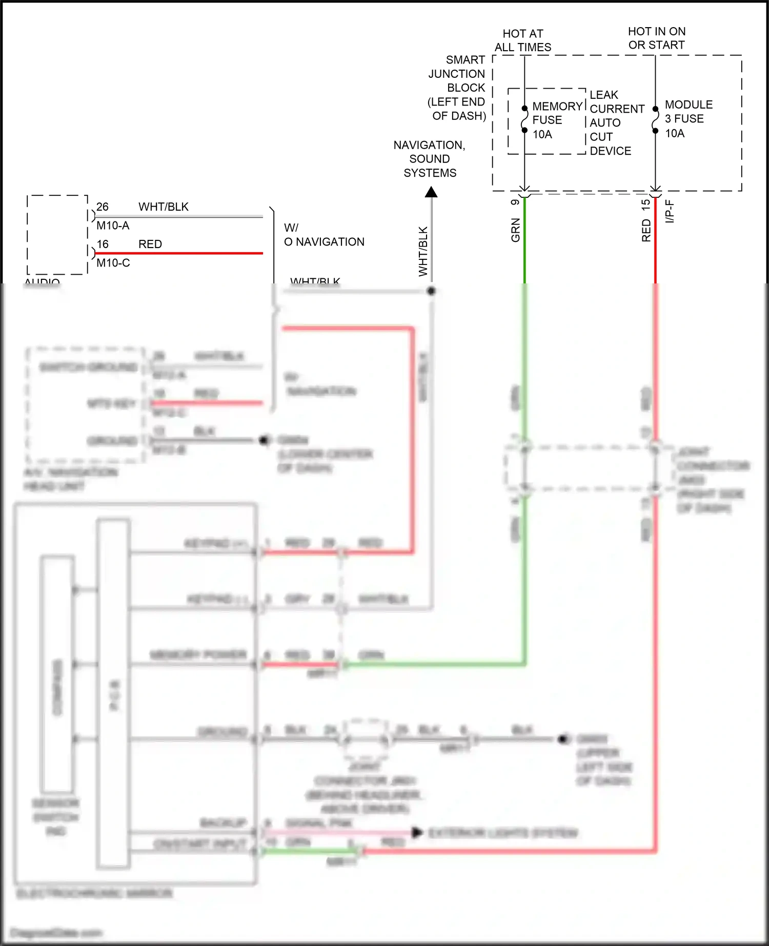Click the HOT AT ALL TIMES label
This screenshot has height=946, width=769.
pyautogui.click(x=522, y=40)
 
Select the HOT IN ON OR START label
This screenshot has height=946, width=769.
pyautogui.click(x=656, y=38)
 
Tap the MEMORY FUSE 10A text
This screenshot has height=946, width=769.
pyautogui.click(x=557, y=120)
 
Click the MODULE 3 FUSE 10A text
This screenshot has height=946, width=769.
pyautogui.click(x=688, y=119)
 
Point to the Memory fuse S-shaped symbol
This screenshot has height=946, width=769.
pyautogui.click(x=524, y=119)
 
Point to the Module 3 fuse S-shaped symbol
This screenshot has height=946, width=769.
pyautogui.click(x=655, y=120)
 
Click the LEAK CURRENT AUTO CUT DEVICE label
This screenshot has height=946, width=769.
pyautogui.click(x=616, y=123)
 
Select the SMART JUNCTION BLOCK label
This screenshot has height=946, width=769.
pyautogui.click(x=457, y=88)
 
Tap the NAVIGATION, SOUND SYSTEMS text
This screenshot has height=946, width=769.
pyautogui.click(x=430, y=159)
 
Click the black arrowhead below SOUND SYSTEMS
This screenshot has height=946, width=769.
pyautogui.click(x=431, y=193)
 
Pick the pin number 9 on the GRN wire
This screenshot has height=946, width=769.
pyautogui.click(x=515, y=202)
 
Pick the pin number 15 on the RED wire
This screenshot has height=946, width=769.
pyautogui.click(x=646, y=203)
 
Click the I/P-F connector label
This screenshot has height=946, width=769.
pyautogui.click(x=670, y=211)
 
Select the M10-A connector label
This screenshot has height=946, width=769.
pyautogui.click(x=113, y=225)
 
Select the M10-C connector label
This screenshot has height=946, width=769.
pyautogui.click(x=113, y=263)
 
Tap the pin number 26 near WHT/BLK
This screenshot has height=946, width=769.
pyautogui.click(x=103, y=207)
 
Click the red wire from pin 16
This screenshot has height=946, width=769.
pyautogui.click(x=179, y=253)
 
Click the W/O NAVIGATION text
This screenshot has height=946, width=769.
pyautogui.click(x=323, y=235)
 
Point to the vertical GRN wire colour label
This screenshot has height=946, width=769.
pyautogui.click(x=515, y=230)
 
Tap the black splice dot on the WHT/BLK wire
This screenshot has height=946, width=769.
pyautogui.click(x=431, y=291)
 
